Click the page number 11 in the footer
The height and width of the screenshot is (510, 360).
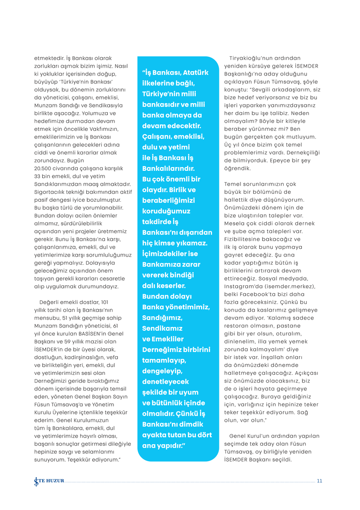[319, 481]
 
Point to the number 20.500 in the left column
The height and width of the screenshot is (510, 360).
[45, 168]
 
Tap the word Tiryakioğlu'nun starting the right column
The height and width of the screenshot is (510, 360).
[262, 58]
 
